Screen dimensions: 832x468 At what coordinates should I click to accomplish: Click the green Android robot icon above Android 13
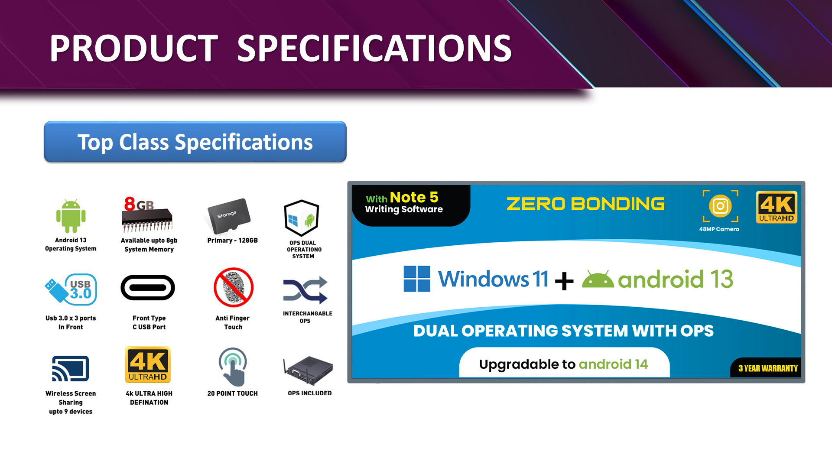71,216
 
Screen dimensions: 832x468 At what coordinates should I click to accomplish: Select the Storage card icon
229,216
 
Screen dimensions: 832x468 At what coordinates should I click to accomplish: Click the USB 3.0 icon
71,289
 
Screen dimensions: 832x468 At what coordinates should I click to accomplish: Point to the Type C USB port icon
148,287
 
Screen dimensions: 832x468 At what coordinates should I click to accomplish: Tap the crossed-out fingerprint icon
234,287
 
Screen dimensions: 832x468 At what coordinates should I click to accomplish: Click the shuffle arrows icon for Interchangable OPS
305,290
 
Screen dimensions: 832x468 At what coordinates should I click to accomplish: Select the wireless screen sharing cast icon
70,369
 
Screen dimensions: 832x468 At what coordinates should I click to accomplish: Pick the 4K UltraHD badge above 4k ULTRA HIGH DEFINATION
148,364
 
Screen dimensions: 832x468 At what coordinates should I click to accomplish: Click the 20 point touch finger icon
233,367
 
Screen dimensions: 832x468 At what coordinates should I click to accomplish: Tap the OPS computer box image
308,370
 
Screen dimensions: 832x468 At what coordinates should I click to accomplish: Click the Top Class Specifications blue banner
195,142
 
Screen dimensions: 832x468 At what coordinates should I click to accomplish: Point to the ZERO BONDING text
585,204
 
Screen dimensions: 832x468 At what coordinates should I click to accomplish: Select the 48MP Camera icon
720,206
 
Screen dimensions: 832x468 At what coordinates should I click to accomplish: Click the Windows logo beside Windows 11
417,279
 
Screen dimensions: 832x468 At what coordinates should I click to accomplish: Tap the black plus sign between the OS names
564,281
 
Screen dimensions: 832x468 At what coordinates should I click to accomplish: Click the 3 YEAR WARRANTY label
768,368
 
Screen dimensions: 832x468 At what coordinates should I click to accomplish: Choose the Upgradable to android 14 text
563,364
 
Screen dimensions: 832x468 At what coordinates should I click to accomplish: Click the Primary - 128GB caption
232,240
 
